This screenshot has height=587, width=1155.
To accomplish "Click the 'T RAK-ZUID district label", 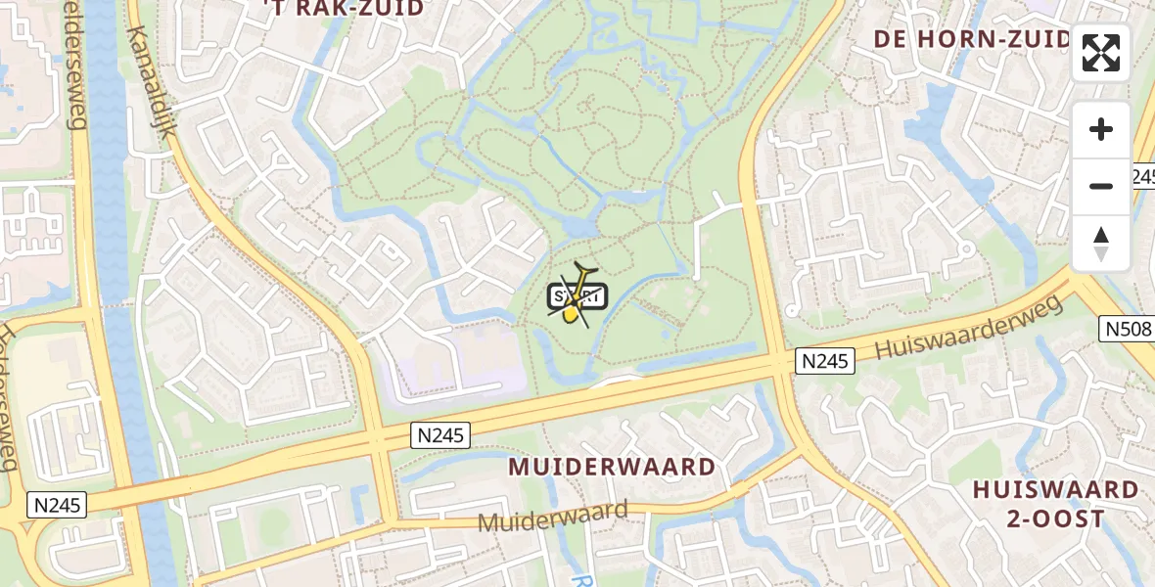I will click(x=344, y=9).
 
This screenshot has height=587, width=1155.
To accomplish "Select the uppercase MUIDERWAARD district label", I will click(x=612, y=467).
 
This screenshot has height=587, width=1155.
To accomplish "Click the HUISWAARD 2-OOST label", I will click(x=1055, y=504).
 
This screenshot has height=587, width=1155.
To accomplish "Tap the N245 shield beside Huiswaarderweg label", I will click(x=824, y=361).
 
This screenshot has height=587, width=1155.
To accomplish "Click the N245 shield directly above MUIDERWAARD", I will click(x=440, y=434).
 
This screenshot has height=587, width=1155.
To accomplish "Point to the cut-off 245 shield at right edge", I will click(x=1143, y=176).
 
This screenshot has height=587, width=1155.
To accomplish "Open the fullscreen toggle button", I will click(x=1101, y=53).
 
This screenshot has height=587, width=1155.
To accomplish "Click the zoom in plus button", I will click(x=1101, y=129).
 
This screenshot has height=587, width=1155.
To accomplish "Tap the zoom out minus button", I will click(x=1101, y=186).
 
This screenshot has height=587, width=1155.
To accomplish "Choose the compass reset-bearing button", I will click(x=1101, y=243).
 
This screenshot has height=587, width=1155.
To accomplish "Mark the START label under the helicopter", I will click(x=579, y=296).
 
